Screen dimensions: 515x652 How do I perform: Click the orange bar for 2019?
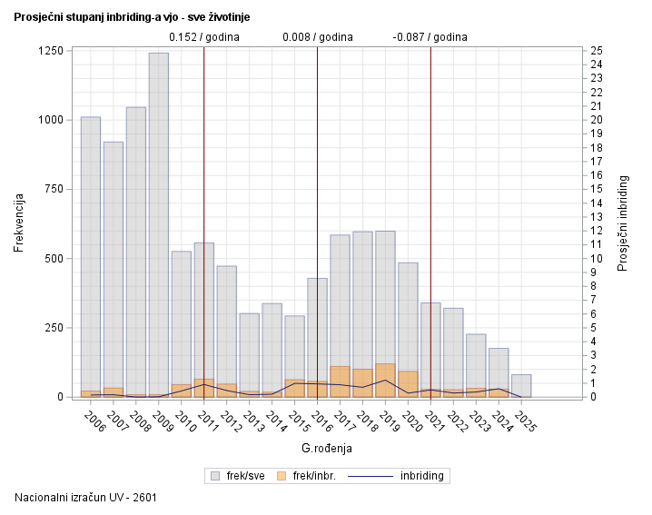pos(385,381)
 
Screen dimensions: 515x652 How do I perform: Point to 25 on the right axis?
pos(596,51)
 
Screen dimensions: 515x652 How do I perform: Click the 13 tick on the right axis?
pos(596,217)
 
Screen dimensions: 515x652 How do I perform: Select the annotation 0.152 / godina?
pos(204,37)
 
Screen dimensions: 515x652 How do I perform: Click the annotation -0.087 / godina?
pos(430,37)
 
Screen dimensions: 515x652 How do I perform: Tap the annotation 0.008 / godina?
pos(317,37)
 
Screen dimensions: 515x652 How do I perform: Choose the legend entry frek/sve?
pos(237,475)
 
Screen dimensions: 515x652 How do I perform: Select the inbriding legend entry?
pos(400,475)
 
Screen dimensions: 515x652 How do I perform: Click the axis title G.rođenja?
pos(326,448)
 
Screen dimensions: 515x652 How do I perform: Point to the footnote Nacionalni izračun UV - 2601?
pos(79,497)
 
